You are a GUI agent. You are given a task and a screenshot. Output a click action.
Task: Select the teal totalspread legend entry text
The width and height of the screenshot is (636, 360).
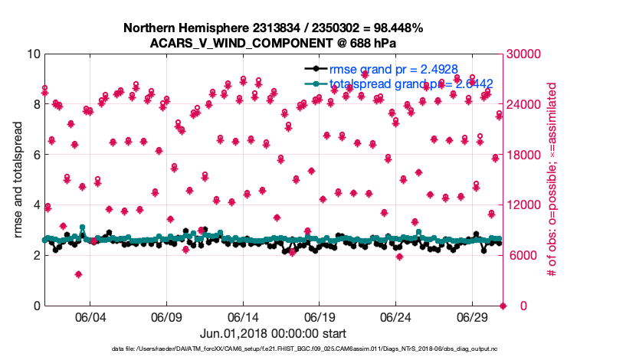[x=410, y=83]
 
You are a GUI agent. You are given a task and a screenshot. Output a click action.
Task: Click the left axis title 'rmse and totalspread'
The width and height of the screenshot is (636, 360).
[x=18, y=180]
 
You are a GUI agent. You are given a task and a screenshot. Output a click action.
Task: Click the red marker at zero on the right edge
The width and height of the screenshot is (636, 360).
[x=503, y=306]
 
